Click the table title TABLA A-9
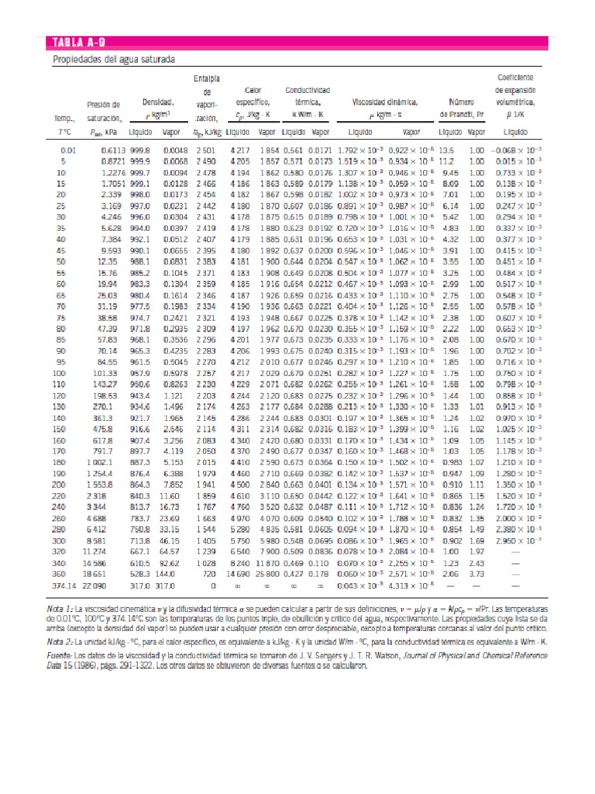click(x=80, y=43)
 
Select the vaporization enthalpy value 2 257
click(x=205, y=372)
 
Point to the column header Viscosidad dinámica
click(x=385, y=102)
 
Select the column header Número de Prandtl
click(x=461, y=108)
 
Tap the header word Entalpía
click(x=206, y=78)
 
